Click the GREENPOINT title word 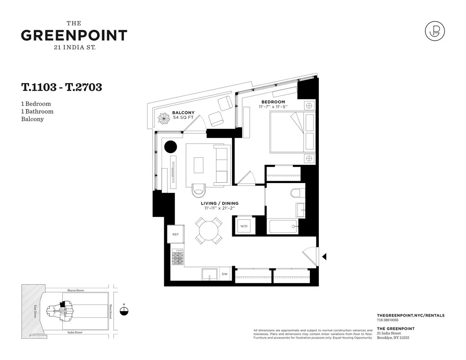(74, 35)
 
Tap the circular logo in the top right (435, 31)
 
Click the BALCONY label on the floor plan (183, 113)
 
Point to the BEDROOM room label (273, 102)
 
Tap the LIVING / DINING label (219, 203)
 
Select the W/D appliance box (244, 226)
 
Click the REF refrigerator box (176, 234)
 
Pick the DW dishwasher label (224, 274)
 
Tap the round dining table (209, 231)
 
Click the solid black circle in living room (170, 147)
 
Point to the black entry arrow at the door (324, 256)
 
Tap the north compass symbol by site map (124, 310)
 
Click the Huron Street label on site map (75, 290)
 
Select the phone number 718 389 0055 (388, 320)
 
